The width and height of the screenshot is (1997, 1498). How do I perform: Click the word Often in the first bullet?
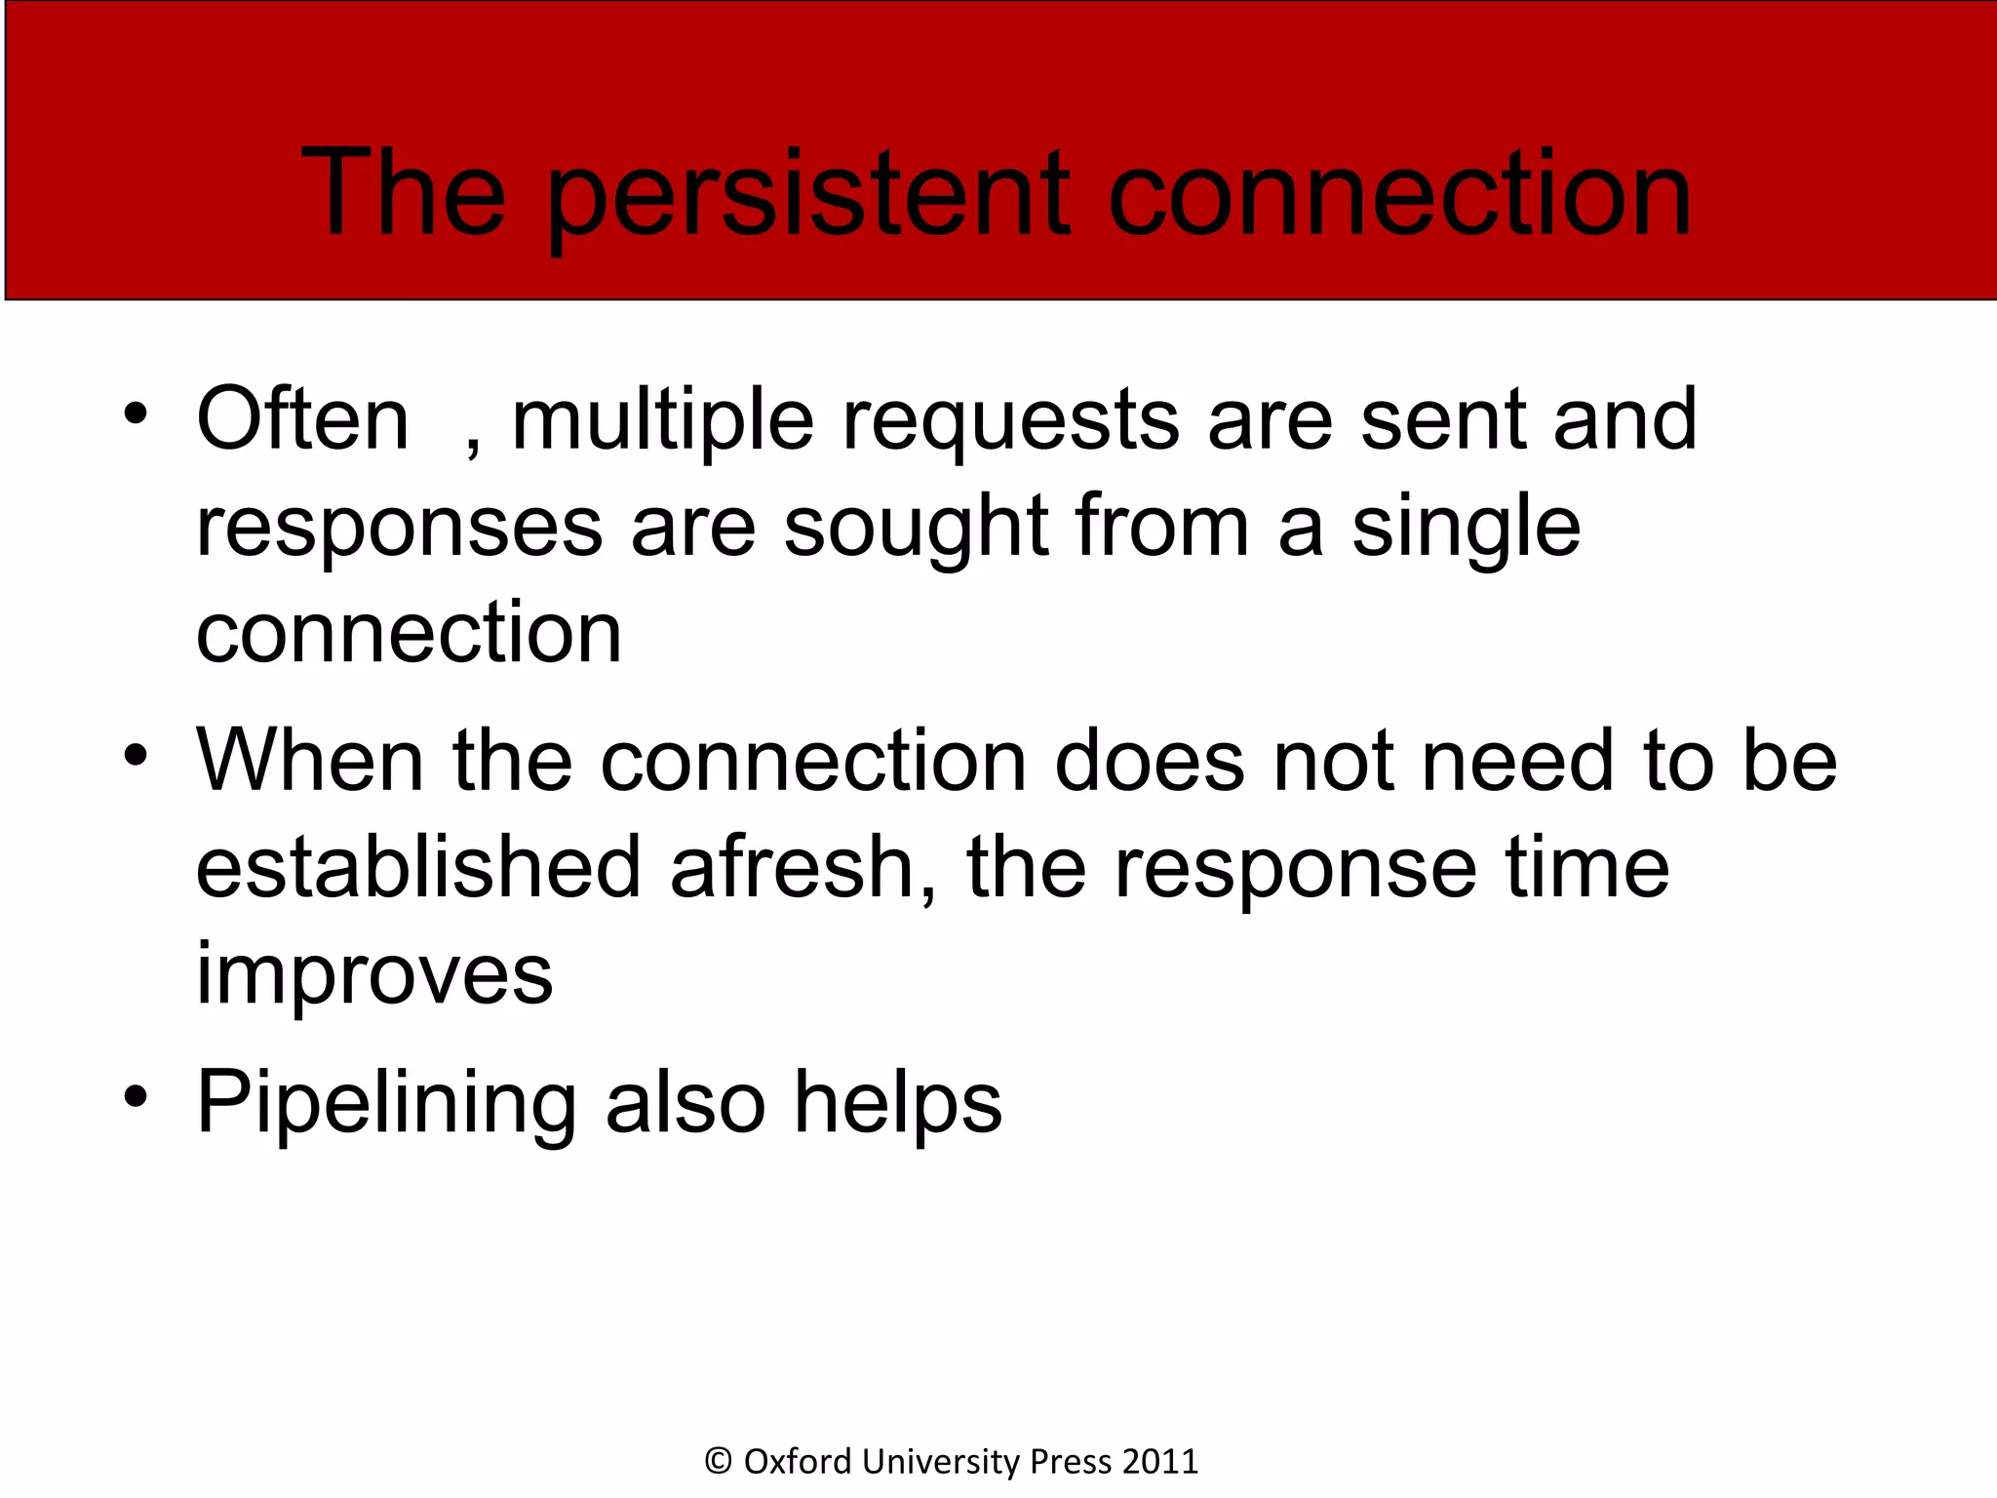302,419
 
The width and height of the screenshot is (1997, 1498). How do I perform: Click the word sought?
916,529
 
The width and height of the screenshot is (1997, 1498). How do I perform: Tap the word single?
1466,529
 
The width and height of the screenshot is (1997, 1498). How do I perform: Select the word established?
418,867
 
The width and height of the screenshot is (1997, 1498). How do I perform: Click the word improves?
374,975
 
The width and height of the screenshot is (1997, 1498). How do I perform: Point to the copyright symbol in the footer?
719,1461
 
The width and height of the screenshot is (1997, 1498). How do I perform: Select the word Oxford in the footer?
798,1461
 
